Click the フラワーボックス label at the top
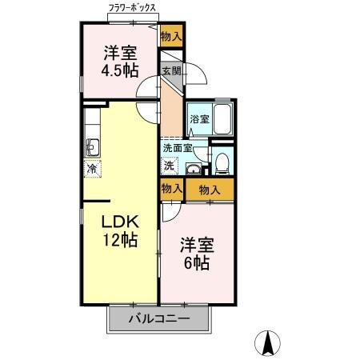point(133,10)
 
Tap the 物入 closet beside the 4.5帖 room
point(171,36)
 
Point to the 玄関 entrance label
point(171,71)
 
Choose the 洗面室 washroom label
point(176,148)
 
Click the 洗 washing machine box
point(170,166)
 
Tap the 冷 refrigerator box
point(92,169)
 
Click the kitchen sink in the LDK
point(91,147)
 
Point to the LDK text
point(120,222)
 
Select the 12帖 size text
point(120,239)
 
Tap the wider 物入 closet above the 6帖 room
point(210,190)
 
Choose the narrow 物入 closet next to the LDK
point(170,190)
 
